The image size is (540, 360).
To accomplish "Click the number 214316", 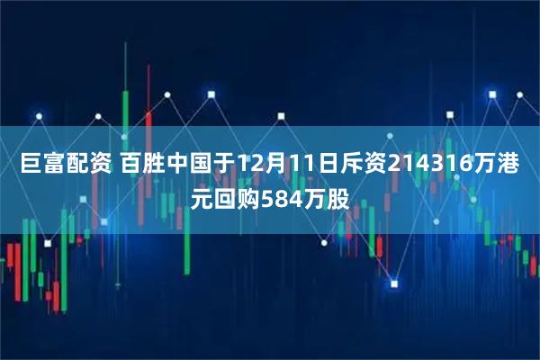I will pyautogui.click(x=418, y=164).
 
